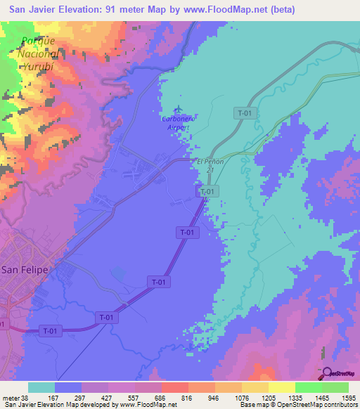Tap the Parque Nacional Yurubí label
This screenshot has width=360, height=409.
(x=38, y=53)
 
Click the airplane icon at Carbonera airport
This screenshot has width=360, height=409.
(x=177, y=110)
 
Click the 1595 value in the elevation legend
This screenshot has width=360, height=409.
(x=348, y=397)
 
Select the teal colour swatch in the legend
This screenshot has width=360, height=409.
(x=41, y=387)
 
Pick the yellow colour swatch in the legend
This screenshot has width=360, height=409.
(x=281, y=387)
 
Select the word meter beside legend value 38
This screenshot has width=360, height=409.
(x=10, y=397)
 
